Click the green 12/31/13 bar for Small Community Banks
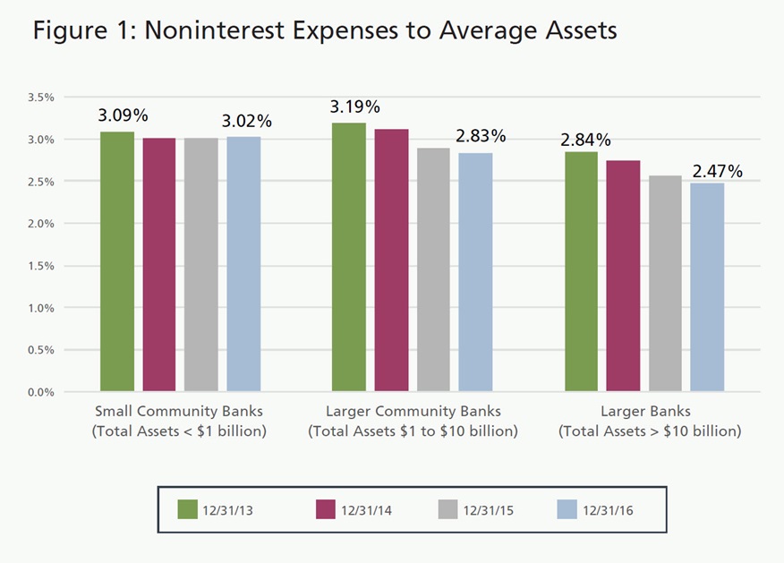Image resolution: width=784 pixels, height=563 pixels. click(117, 261)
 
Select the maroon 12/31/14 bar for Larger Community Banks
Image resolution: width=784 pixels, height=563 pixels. click(391, 260)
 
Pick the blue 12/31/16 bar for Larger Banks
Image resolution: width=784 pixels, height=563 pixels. click(707, 287)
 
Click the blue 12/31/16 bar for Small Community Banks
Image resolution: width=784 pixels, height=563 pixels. click(243, 263)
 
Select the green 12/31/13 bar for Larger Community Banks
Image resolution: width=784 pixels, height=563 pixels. click(349, 257)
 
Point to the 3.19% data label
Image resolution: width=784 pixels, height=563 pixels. click(355, 107)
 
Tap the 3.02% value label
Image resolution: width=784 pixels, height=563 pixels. click(247, 121)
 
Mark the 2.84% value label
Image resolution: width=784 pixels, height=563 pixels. click(586, 140)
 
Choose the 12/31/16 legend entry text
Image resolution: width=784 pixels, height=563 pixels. click(612, 510)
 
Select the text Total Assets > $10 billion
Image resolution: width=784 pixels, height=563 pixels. click(650, 431)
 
